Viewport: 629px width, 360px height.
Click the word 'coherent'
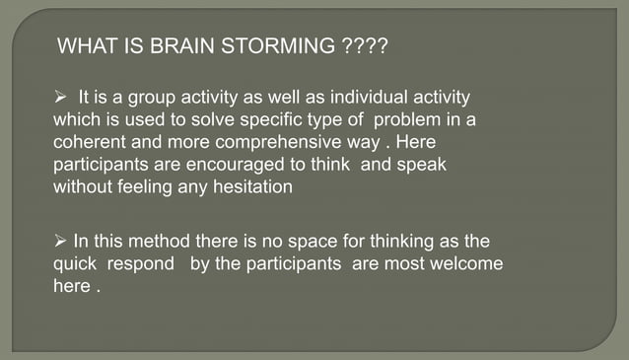pyautogui.click(x=88, y=143)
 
